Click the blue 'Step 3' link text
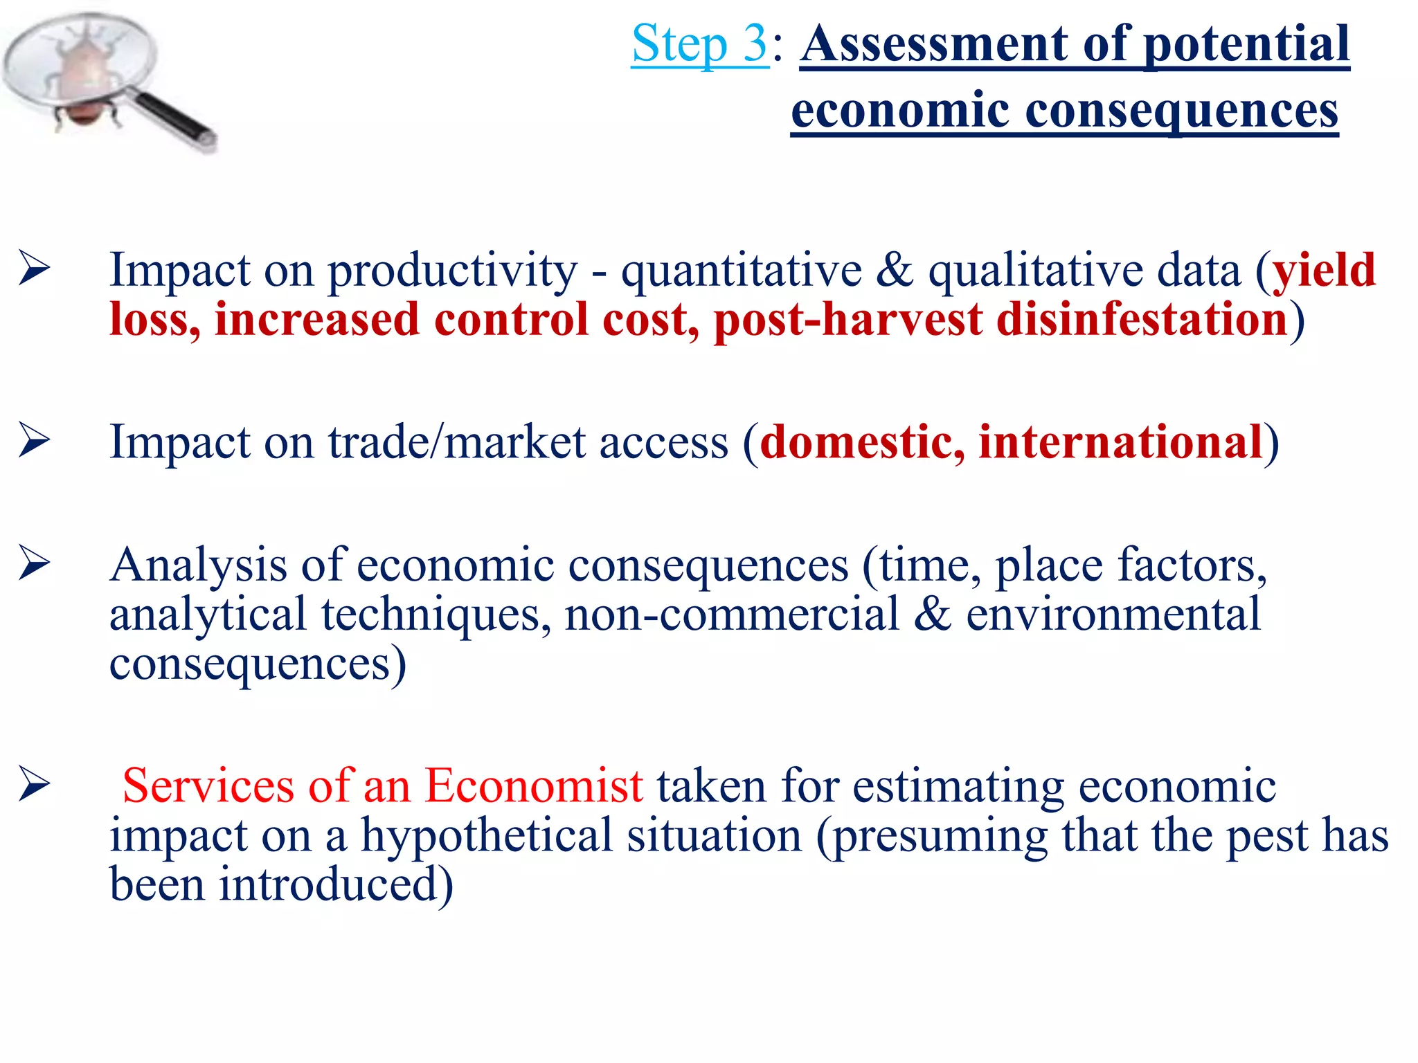[699, 44]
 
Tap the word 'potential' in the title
[1246, 44]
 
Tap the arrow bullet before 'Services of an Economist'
[34, 785]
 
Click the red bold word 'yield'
[1324, 270]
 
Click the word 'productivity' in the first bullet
[452, 270]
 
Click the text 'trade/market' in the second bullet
[457, 442]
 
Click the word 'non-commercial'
[732, 615]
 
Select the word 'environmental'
[1113, 615]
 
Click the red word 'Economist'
[534, 786]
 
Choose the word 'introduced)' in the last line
[336, 884]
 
